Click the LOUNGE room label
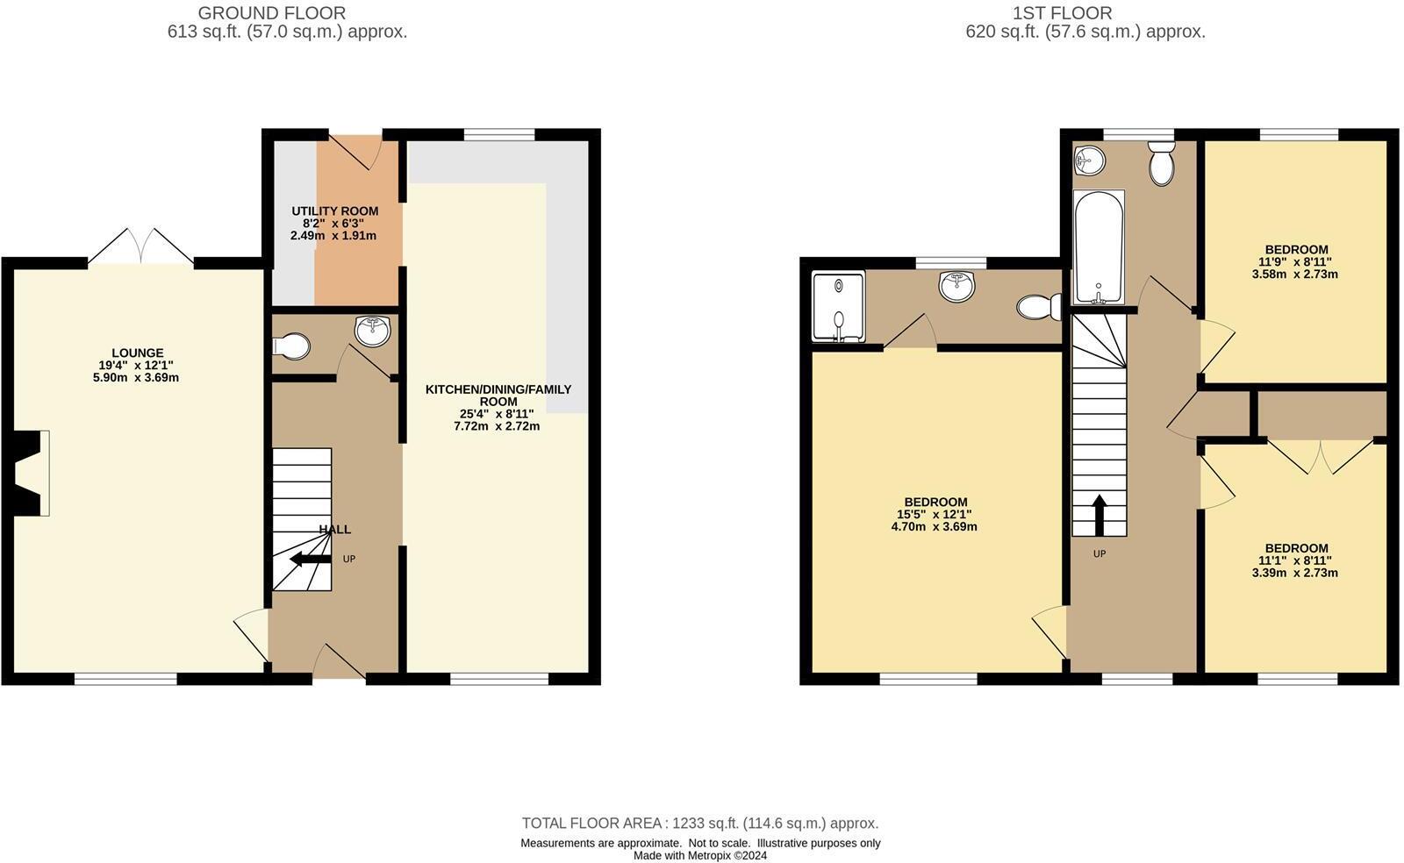point(137,353)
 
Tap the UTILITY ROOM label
point(334,211)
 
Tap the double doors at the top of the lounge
point(140,246)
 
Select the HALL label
point(334,529)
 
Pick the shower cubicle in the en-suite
point(838,307)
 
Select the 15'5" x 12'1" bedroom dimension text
point(934,515)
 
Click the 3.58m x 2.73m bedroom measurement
point(1294,274)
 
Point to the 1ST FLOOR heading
point(1062,13)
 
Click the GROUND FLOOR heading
point(271,13)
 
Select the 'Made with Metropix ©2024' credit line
point(699,856)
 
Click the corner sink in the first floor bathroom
point(1088,160)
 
